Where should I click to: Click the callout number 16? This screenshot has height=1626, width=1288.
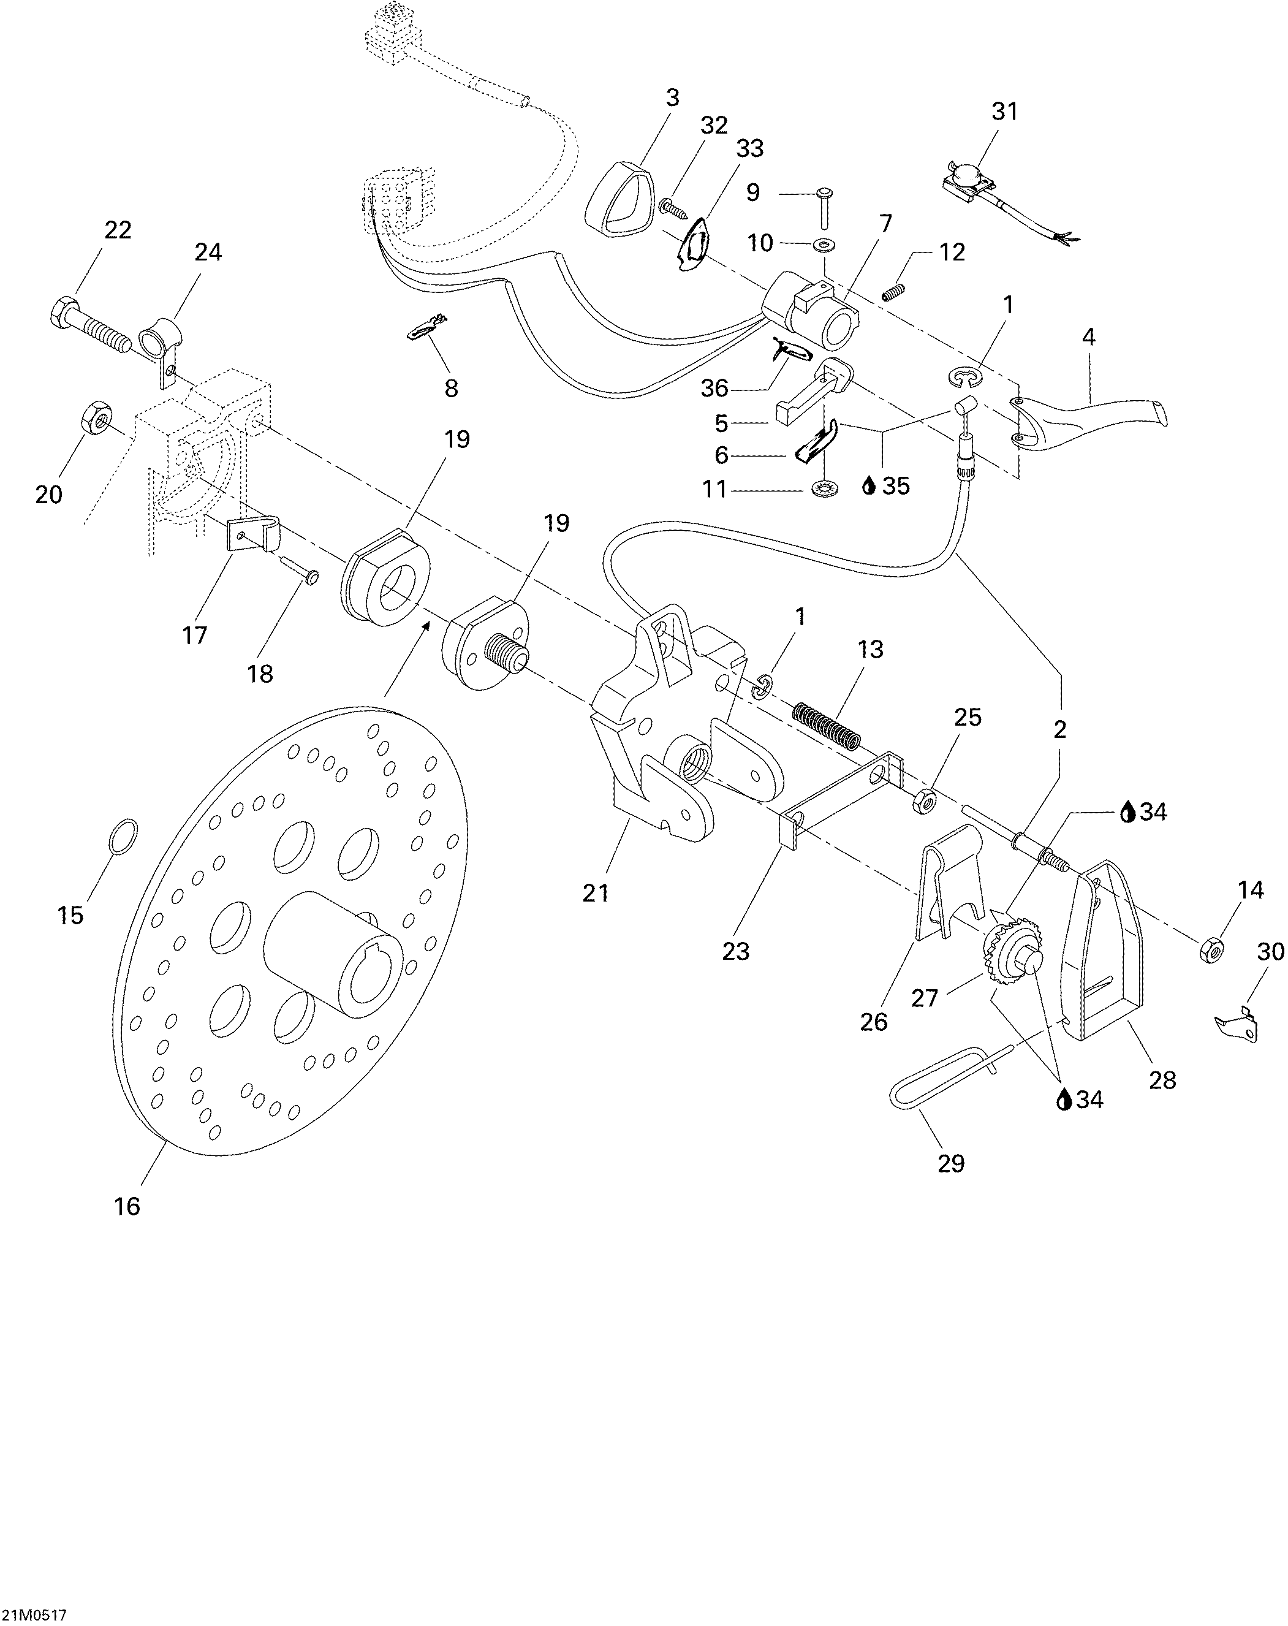click(x=127, y=1207)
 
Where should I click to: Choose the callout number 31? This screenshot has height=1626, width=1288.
click(x=1004, y=112)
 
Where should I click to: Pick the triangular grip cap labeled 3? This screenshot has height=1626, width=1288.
click(x=619, y=199)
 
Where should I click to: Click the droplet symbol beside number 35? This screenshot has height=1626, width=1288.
click(x=869, y=487)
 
